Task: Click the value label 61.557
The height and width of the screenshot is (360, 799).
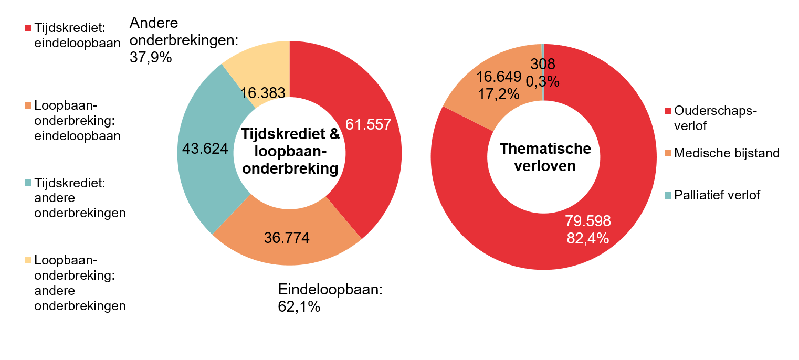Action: (x=368, y=125)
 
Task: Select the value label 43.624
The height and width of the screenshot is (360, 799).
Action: (x=205, y=149)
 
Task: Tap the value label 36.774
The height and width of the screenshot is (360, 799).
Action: (x=287, y=237)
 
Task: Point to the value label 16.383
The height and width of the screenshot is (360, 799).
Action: (x=262, y=93)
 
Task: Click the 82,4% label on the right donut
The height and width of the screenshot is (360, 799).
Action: (x=587, y=238)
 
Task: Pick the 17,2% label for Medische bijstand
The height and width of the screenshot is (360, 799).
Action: (x=498, y=94)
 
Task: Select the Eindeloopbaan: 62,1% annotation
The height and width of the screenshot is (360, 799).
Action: (x=331, y=298)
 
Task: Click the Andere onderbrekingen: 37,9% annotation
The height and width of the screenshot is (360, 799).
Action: (x=183, y=40)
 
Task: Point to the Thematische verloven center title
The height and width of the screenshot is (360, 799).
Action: (x=544, y=157)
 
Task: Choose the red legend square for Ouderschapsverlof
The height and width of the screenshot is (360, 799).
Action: (x=668, y=111)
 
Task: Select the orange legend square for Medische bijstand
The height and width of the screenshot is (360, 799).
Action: (x=668, y=153)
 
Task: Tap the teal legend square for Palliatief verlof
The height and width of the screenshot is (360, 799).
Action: (x=668, y=195)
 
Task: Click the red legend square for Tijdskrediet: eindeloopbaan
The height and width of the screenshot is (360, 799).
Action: (x=28, y=27)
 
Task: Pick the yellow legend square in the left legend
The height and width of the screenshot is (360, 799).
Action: (x=28, y=260)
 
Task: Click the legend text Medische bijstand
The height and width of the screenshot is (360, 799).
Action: (x=727, y=153)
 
